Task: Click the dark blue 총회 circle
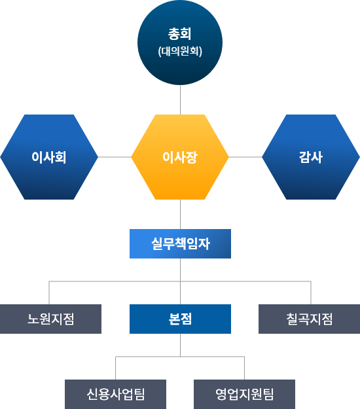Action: pos(180,43)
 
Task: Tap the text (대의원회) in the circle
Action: pos(180,51)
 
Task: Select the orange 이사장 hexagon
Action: pos(180,157)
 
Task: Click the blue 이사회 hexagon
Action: pos(49,157)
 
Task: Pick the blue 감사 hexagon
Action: pos(311,157)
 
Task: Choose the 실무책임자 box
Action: pos(180,243)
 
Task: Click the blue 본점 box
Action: pos(180,319)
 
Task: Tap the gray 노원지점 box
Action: pos(50,319)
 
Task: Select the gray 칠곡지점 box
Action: pos(309,319)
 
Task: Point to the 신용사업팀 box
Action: pos(116,394)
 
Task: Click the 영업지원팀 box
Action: pos(244,394)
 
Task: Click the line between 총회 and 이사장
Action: pos(180,99)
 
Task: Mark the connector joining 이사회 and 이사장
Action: pos(115,157)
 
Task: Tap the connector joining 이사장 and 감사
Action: pos(245,157)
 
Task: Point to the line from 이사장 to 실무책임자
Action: pos(180,214)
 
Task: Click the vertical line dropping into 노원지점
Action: pos(49,293)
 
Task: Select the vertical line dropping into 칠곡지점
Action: pos(311,293)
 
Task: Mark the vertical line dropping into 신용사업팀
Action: pos(116,368)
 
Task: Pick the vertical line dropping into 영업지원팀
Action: pos(244,368)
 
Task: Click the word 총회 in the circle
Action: pos(180,34)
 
